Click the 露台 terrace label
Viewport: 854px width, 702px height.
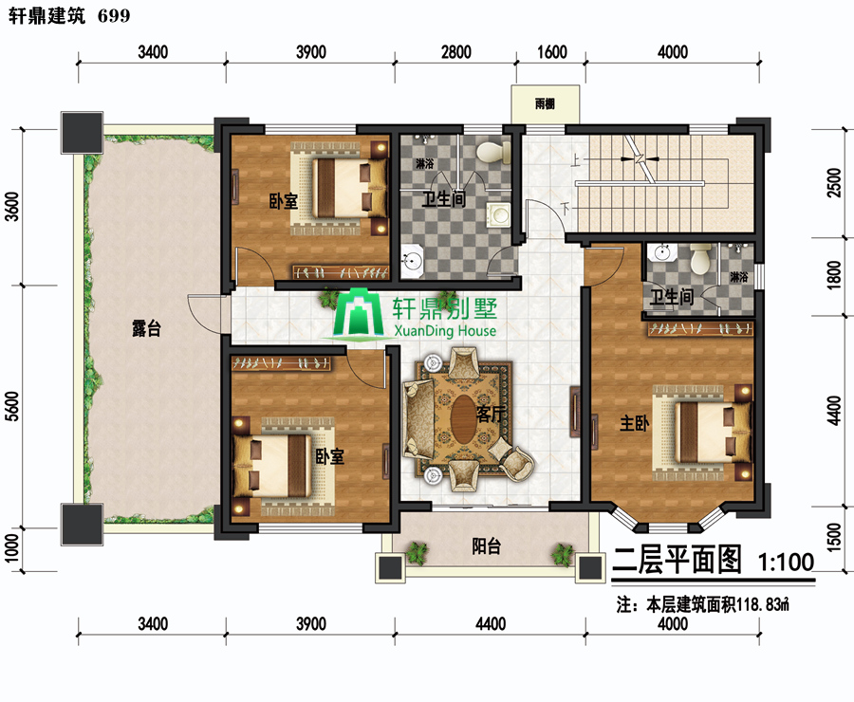coord(146,328)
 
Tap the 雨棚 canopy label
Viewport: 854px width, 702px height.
coord(545,103)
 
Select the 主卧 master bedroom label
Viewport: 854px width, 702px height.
coord(635,423)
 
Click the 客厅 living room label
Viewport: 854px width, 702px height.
coord(491,415)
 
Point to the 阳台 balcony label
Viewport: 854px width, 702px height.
coord(486,546)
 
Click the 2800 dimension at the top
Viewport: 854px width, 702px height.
coord(455,52)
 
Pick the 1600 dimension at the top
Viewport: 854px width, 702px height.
coord(552,52)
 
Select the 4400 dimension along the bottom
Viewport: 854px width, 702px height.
coord(491,623)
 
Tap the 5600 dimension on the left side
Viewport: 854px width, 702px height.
coord(12,406)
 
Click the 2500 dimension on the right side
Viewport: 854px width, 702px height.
coord(834,182)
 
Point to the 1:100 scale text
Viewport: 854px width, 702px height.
coord(786,562)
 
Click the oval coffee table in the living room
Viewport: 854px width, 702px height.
coord(463,418)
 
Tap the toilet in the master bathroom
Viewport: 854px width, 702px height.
coord(700,259)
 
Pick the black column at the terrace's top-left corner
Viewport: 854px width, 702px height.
coord(82,133)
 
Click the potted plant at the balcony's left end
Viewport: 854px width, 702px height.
coord(417,552)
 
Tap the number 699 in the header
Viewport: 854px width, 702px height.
coord(115,16)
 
